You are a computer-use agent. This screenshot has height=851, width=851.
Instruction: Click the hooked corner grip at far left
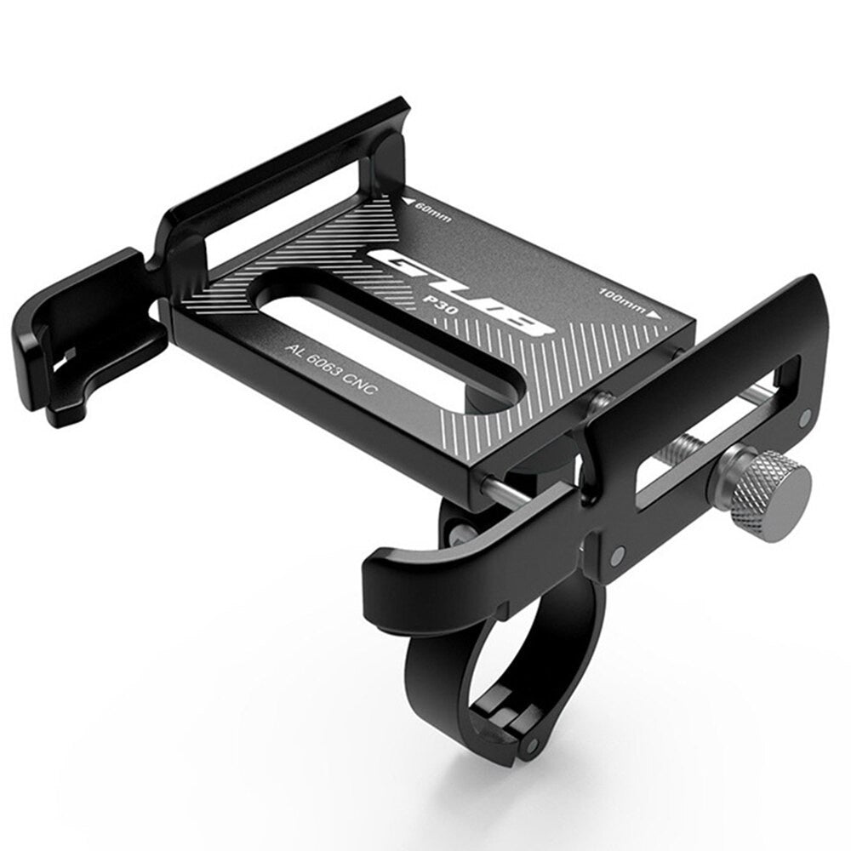click(81, 340)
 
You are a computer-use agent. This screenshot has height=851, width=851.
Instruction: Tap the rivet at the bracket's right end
click(806, 417)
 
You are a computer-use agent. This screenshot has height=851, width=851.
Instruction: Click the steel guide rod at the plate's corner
click(502, 494)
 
